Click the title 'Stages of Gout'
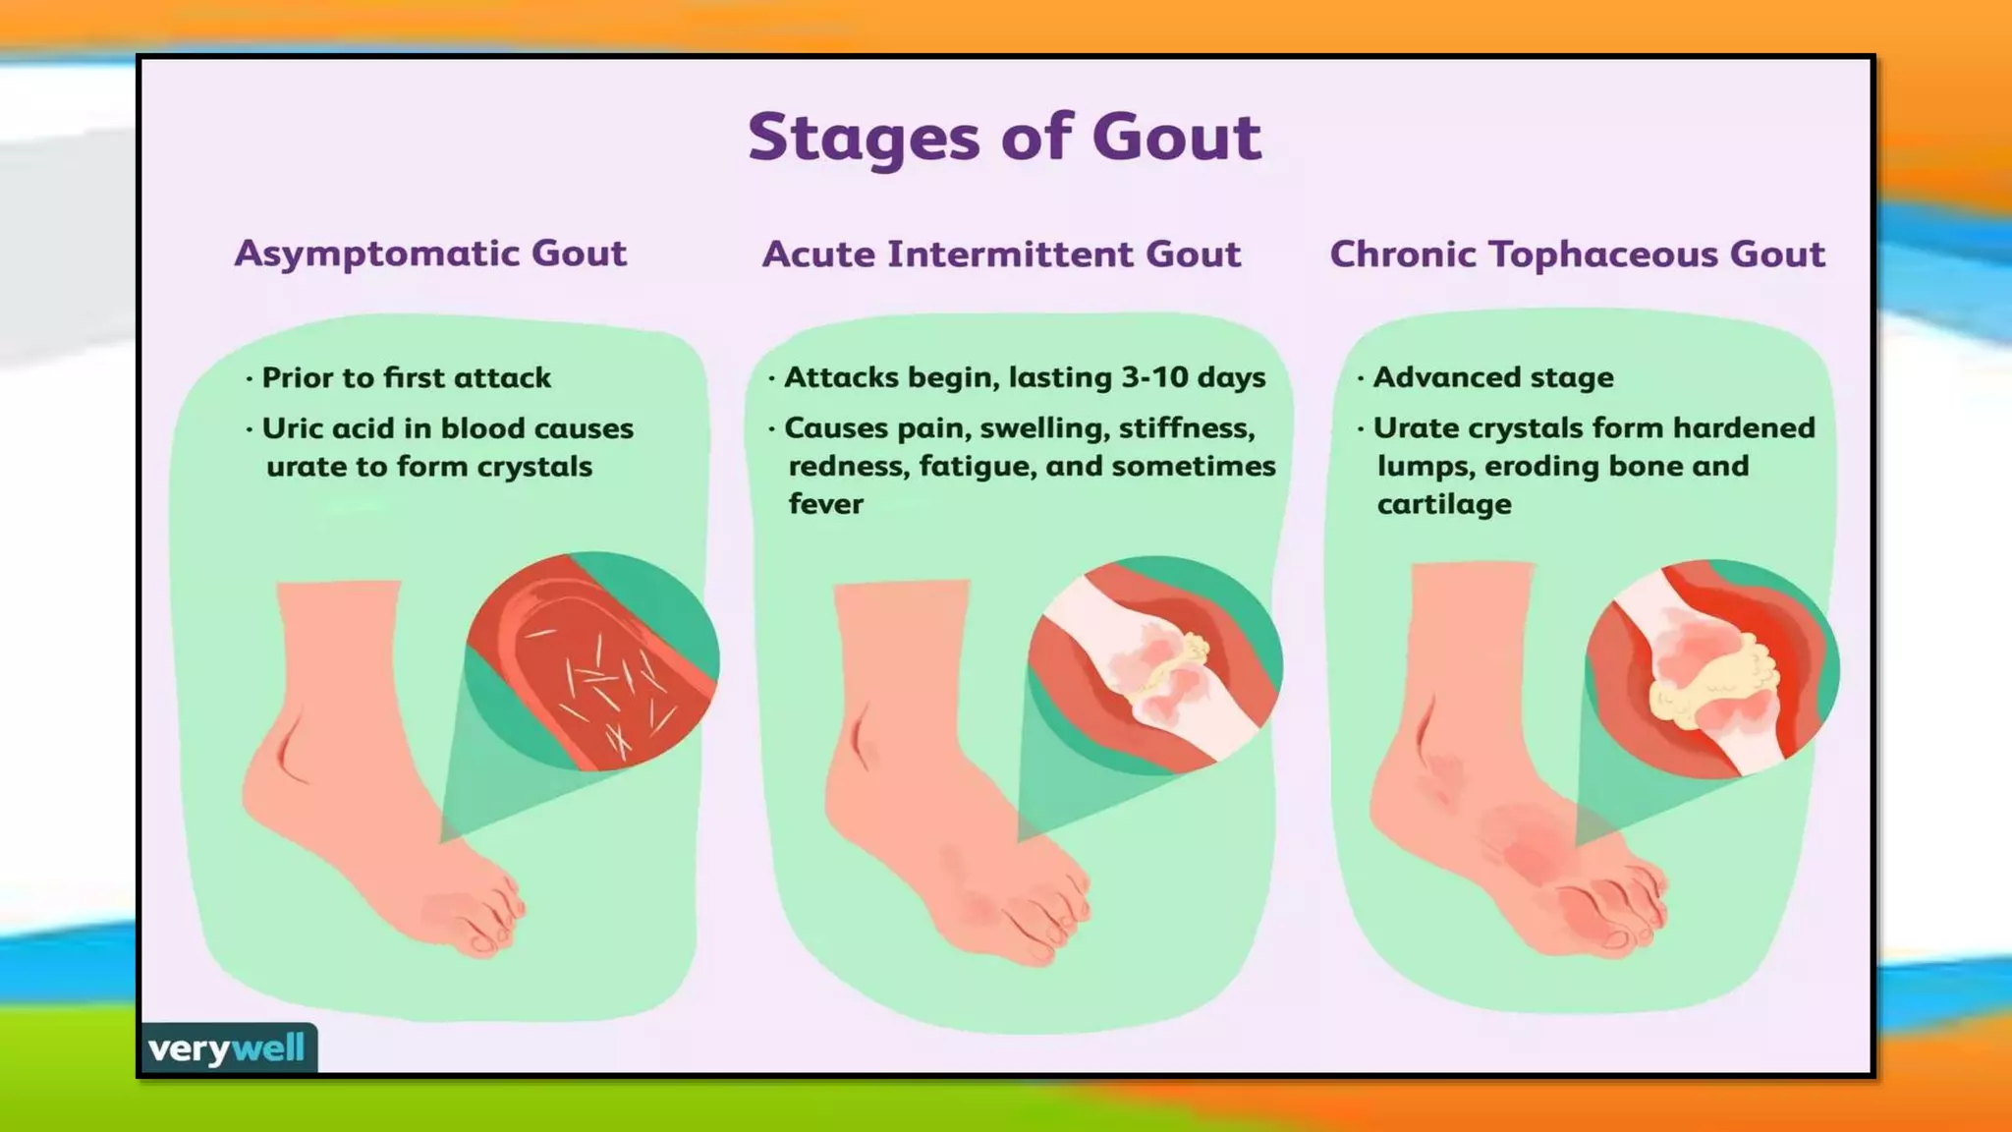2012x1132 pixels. coord(1004,137)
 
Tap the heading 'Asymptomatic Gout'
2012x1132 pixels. coord(430,254)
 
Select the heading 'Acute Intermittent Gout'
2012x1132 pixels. coord(1001,255)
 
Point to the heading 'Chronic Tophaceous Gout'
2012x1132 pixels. coord(1577,255)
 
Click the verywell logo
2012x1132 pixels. coord(227,1048)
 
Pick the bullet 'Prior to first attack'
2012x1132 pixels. coord(406,377)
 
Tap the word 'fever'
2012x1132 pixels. coord(825,504)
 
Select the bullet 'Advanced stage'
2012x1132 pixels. coord(1492,377)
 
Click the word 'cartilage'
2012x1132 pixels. coord(1443,504)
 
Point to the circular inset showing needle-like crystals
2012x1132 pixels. coord(592,661)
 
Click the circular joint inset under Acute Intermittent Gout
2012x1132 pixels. coord(1155,665)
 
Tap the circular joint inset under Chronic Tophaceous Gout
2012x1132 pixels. coord(1711,669)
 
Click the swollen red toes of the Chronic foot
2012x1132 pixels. coord(1611,914)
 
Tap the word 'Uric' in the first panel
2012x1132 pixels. coord(291,428)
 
